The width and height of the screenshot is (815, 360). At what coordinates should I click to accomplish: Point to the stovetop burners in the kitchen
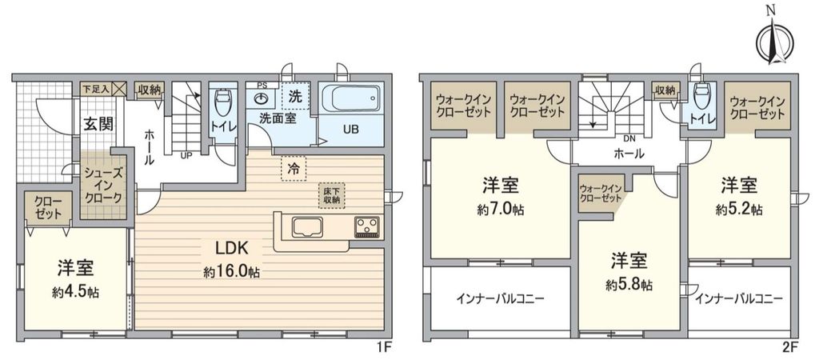pos(367,226)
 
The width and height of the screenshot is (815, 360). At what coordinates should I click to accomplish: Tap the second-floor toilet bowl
pos(701,96)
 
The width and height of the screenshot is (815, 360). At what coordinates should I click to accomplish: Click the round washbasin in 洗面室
pos(262,98)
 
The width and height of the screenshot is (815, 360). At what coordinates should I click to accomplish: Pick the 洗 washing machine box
pos(294,97)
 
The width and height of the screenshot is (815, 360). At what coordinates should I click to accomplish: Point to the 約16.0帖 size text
pos(230,272)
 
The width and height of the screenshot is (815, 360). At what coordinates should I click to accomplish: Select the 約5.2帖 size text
pos(740,210)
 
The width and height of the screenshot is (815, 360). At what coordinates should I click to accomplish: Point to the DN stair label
pos(630,138)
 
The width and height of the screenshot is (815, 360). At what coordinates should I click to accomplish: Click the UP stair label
pos(186,154)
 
